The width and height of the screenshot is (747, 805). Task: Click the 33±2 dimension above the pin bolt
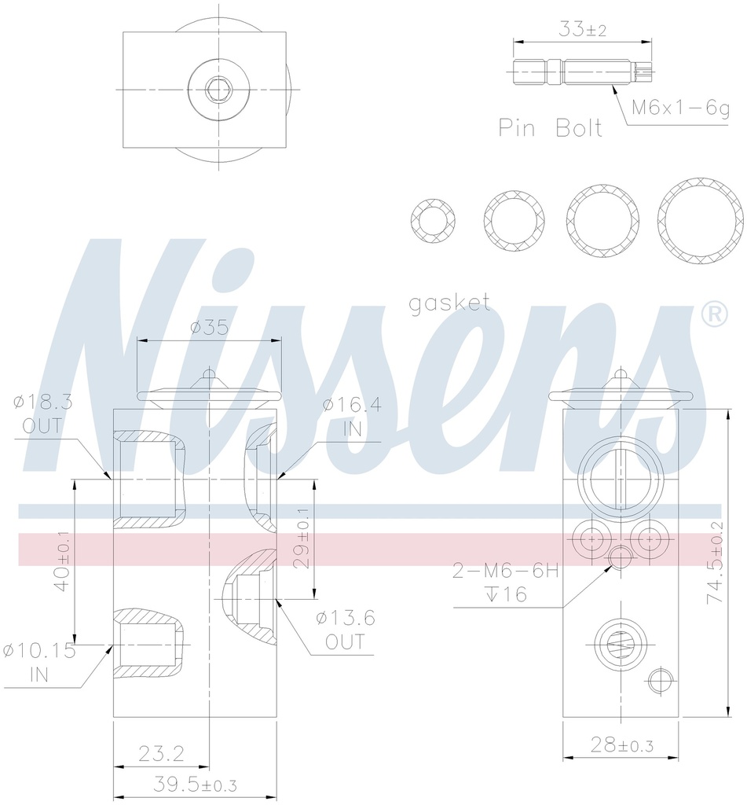(x=582, y=30)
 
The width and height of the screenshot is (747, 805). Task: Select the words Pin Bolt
(x=551, y=128)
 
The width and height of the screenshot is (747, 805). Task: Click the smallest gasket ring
(x=433, y=221)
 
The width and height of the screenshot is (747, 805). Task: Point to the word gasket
(x=449, y=303)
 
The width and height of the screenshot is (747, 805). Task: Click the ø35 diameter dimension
(x=209, y=327)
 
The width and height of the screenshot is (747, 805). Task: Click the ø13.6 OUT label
(x=346, y=630)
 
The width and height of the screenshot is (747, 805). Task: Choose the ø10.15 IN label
(x=38, y=662)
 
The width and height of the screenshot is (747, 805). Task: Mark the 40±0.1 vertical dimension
(x=63, y=562)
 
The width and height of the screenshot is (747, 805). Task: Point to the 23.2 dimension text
(x=161, y=755)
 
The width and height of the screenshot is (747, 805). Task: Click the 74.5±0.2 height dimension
(x=714, y=562)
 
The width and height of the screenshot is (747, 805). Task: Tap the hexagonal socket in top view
(x=217, y=89)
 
